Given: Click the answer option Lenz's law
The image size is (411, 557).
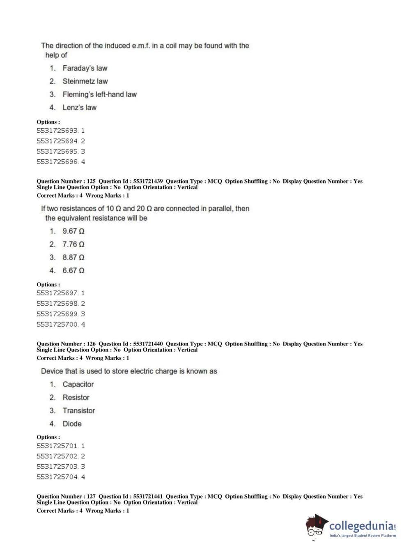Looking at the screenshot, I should point(79,108).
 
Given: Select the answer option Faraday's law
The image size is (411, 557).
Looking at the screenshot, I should point(85,68).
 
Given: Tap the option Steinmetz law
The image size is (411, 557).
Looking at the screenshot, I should point(85,81).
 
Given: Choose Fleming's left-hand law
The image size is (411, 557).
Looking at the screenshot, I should point(99,94).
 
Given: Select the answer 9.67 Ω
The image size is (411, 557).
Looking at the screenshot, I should point(73,231).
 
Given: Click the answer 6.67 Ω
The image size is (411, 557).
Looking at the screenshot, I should point(73,271).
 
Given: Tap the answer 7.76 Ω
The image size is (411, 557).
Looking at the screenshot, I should point(73,244).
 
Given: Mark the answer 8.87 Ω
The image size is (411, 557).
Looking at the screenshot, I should point(73,258).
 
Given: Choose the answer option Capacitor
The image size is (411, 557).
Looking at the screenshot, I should point(78,384).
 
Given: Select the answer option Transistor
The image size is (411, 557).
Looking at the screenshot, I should point(78,411).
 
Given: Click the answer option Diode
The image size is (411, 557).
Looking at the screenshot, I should point(72,424).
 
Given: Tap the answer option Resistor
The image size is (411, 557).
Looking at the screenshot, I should point(76,398).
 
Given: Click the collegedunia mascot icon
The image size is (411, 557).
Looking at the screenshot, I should point(316,526).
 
